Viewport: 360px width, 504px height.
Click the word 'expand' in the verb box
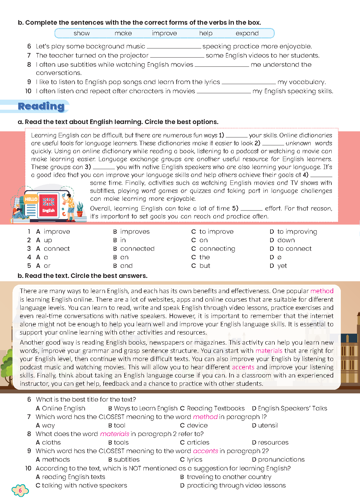pyautogui.click(x=247, y=33)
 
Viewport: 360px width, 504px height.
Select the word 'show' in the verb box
pyautogui.click(x=82, y=33)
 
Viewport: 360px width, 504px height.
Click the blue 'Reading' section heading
pyautogui.click(x=41, y=106)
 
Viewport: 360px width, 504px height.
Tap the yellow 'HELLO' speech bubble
pyautogui.click(x=31, y=199)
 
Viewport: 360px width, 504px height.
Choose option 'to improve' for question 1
pyautogui.click(x=216, y=232)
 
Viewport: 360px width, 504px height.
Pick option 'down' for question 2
pyautogui.click(x=286, y=240)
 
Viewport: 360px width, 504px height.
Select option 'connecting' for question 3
pyautogui.click(x=217, y=249)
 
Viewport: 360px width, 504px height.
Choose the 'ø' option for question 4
pyautogui.click(x=279, y=257)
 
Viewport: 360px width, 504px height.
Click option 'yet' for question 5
pyautogui.click(x=282, y=266)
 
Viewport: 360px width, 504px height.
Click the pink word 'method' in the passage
pyautogui.click(x=322, y=291)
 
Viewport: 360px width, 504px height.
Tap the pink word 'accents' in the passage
pyautogui.click(x=243, y=367)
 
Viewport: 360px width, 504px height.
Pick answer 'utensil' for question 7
pyautogui.click(x=268, y=425)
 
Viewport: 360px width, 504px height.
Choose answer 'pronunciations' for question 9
pyautogui.click(x=281, y=460)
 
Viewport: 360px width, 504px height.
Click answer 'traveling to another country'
pyautogui.click(x=229, y=477)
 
